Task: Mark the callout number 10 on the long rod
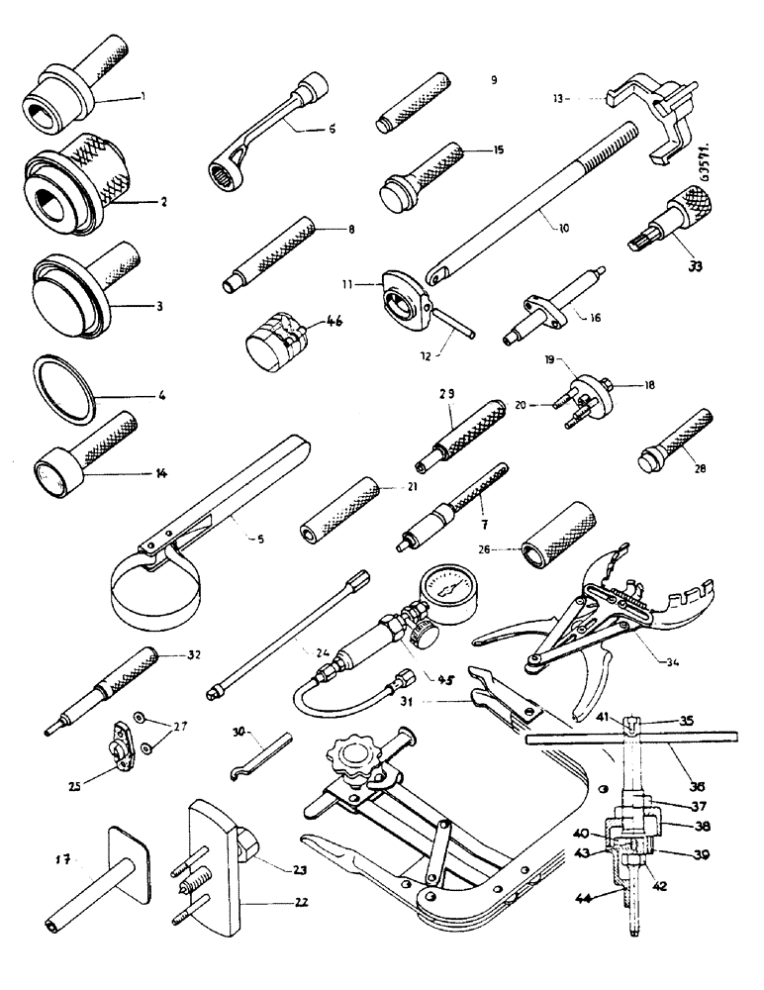click(561, 228)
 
